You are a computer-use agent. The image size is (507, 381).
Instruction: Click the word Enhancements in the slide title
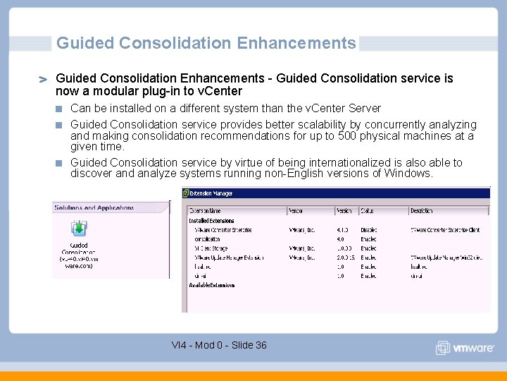point(296,43)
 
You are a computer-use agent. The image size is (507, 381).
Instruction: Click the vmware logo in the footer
point(464,348)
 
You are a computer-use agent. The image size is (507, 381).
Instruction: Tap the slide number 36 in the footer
point(261,345)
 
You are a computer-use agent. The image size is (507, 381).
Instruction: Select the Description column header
point(422,211)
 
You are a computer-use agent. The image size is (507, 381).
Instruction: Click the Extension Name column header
point(206,211)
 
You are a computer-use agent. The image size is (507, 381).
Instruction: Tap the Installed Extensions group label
point(211,221)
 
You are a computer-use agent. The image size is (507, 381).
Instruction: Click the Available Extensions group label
point(212,285)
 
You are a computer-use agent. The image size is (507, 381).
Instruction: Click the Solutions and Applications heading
point(94,208)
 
